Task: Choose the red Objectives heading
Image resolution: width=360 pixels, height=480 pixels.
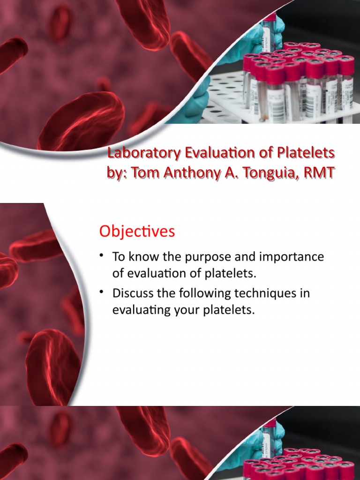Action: click(136, 231)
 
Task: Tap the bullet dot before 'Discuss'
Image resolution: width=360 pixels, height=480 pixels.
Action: click(101, 292)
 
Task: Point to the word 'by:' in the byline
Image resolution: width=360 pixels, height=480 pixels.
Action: click(116, 173)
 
